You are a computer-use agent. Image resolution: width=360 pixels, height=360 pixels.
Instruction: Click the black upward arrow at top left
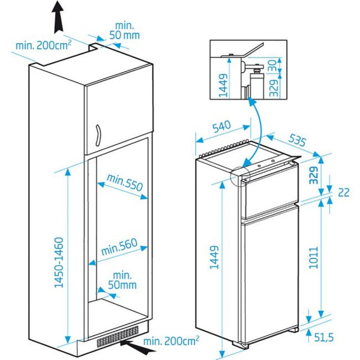(57, 16)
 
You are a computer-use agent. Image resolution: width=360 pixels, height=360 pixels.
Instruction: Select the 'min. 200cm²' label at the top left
(43, 45)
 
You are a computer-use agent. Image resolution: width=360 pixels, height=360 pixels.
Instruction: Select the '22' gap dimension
(343, 192)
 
